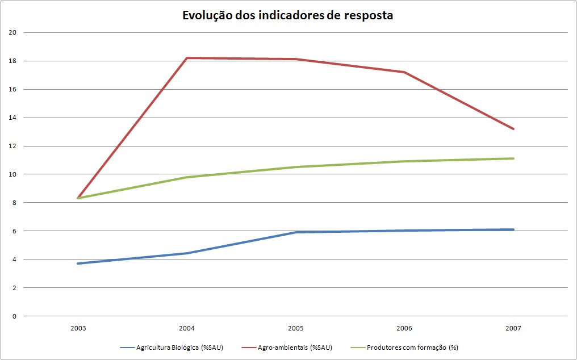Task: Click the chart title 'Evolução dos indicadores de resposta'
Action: click(287, 15)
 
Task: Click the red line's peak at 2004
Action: click(187, 58)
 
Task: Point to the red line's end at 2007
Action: click(513, 129)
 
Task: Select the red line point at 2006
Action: click(404, 72)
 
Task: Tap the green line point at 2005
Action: click(295, 167)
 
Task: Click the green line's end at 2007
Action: click(513, 158)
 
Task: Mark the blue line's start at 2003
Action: click(78, 263)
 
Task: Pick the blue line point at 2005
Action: click(295, 232)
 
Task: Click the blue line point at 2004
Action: click(187, 253)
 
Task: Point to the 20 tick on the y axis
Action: click(12, 32)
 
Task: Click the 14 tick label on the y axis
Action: click(12, 118)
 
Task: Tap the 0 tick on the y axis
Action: click(14, 316)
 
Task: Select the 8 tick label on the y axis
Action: click(14, 203)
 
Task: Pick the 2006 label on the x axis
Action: click(404, 328)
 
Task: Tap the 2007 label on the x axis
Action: click(513, 328)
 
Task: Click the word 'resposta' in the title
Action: click(369, 15)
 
